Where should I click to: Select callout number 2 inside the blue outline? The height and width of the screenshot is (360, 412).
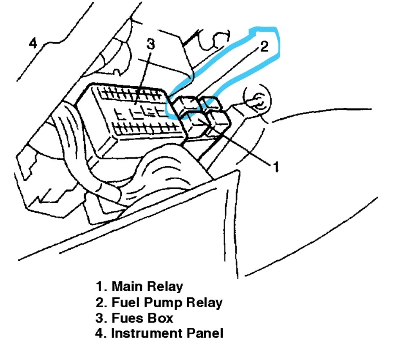(x=263, y=46)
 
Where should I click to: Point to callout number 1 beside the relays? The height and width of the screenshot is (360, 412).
(x=275, y=167)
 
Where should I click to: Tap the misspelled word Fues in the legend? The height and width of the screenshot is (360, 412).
(x=128, y=318)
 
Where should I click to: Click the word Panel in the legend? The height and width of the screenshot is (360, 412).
(x=205, y=333)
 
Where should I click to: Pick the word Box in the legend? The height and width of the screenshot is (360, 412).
(x=161, y=318)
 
